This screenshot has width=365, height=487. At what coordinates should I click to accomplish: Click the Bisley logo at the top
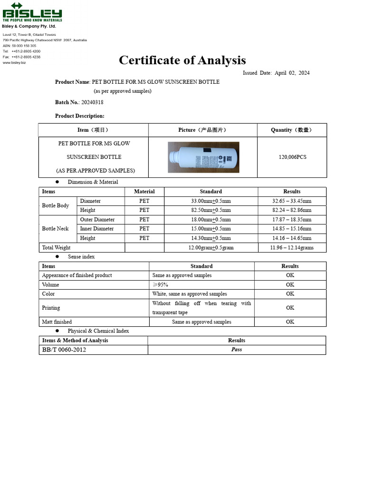point(32,12)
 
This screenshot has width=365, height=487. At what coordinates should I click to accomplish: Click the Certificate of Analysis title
point(182,60)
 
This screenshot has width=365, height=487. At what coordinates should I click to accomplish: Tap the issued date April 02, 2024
point(292,73)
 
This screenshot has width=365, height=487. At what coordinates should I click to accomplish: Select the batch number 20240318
point(92,102)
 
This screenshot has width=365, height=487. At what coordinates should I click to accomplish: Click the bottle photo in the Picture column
point(203,157)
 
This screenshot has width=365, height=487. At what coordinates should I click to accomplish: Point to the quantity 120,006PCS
point(292,157)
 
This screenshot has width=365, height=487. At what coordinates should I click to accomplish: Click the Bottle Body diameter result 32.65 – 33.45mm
point(292,201)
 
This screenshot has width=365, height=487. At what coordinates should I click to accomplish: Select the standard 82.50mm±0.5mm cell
point(211,210)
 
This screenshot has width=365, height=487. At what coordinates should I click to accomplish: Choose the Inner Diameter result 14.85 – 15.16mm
point(292,229)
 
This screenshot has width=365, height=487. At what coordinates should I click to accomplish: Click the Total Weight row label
point(56,248)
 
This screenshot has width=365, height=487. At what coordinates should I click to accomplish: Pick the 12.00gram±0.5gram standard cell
point(211,248)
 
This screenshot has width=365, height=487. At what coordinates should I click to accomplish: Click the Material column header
point(144,192)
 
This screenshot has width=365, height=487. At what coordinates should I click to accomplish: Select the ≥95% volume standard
point(160,285)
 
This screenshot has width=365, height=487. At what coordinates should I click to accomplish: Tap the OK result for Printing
point(290,308)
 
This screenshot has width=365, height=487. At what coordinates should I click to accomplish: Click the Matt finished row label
point(57,322)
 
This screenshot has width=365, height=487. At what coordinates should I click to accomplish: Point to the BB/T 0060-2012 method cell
point(64,350)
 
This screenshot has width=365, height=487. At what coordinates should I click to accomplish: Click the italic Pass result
point(236,350)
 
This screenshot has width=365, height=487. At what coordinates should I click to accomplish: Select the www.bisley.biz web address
point(14,63)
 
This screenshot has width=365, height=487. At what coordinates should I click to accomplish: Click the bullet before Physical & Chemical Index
point(57,331)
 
